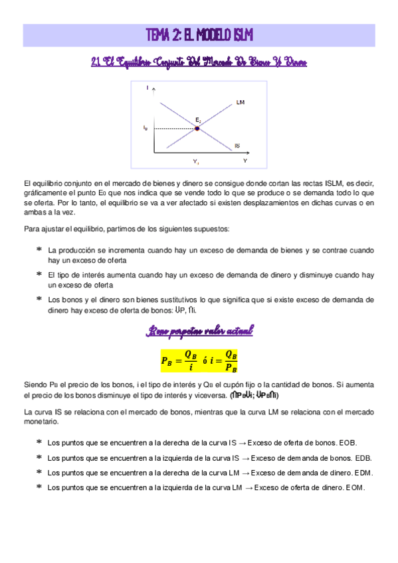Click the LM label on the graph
[x=241, y=103]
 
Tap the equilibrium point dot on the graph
[x=197, y=128]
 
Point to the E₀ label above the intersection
[x=197, y=120]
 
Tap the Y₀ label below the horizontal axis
[x=197, y=162]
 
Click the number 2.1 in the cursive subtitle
[x=95, y=62]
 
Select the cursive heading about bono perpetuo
[x=199, y=331]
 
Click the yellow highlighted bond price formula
[x=199, y=361]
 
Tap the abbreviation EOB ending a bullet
[x=348, y=442]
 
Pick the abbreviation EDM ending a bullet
[x=363, y=473]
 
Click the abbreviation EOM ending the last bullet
[x=354, y=488]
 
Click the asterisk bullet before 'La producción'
[x=39, y=250]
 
